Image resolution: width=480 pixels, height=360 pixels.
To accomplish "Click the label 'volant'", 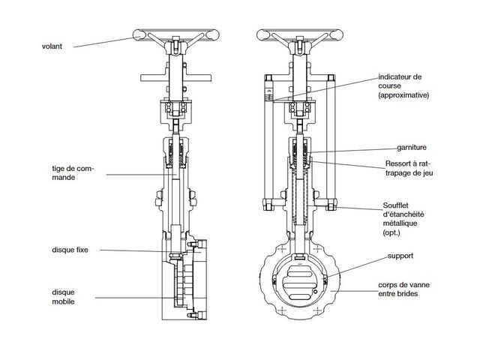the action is [x=52, y=46].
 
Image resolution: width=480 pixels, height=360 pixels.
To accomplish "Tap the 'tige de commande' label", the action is [x=73, y=173].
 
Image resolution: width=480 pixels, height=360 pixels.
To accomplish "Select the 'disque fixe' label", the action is [x=70, y=250].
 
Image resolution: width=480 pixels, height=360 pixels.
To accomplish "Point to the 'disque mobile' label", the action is [x=63, y=297].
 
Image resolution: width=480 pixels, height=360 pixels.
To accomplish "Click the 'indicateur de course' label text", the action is [x=400, y=81].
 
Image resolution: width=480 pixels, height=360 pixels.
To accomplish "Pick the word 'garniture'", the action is [x=412, y=148].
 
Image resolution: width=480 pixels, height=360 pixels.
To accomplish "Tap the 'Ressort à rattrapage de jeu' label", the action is [x=409, y=168].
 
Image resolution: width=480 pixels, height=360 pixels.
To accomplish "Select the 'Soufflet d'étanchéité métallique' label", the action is [x=403, y=214].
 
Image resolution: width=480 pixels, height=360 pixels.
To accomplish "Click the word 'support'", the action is [x=400, y=256].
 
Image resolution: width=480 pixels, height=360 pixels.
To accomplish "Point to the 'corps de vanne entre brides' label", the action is [x=403, y=289].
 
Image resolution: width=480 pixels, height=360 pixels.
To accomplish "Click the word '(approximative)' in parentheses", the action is [x=403, y=95].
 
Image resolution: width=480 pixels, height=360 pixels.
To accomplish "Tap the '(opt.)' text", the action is [x=391, y=232].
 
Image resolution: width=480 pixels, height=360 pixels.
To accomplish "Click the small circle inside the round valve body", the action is [x=315, y=292].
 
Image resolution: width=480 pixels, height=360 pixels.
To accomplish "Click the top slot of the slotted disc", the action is [x=300, y=270].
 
